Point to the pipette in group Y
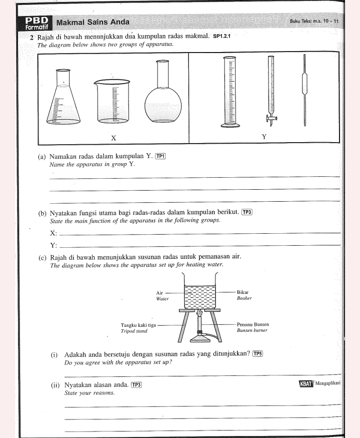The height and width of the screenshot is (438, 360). [x=303, y=90]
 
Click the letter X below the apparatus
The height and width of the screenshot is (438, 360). [x=113, y=138]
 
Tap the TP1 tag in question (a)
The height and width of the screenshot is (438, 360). [x=160, y=156]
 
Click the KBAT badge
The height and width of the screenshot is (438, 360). [x=305, y=384]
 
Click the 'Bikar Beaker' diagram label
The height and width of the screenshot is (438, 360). [x=243, y=295]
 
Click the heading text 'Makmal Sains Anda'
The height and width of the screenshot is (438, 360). [x=93, y=22]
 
